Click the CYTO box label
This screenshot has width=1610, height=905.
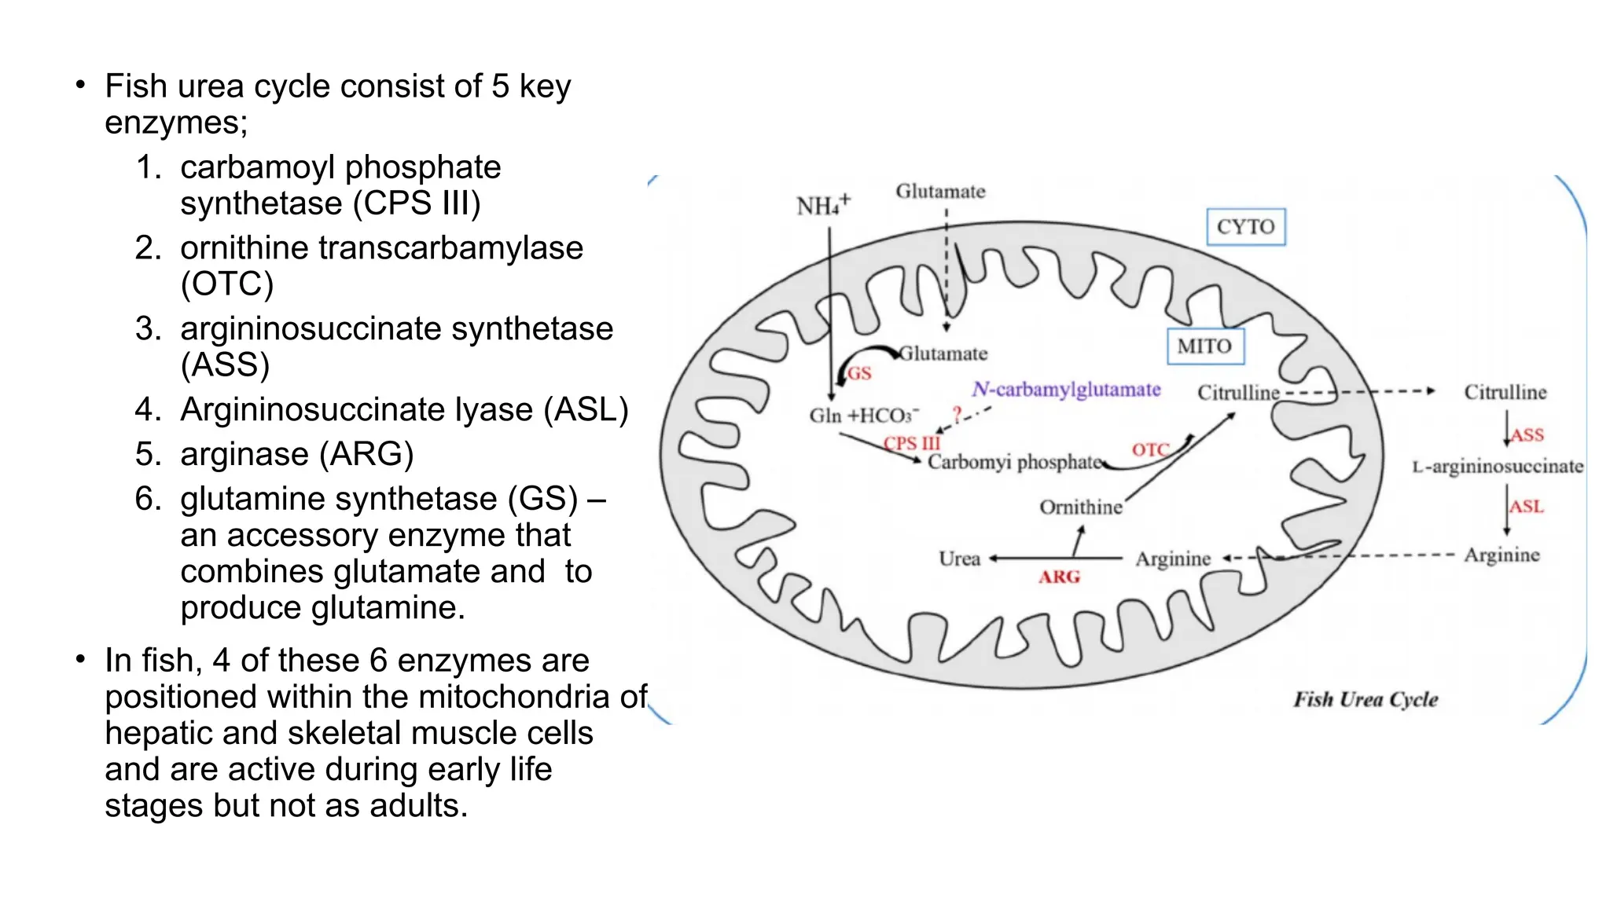pyautogui.click(x=1245, y=227)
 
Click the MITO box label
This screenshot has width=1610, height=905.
pyautogui.click(x=1204, y=346)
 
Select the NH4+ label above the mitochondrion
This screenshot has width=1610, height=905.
pyautogui.click(x=822, y=206)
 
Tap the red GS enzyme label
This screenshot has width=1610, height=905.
pyautogui.click(x=859, y=374)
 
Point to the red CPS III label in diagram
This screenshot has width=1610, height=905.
pyautogui.click(x=912, y=443)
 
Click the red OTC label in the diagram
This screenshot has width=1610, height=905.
pyautogui.click(x=1150, y=450)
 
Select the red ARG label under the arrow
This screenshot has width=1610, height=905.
pyautogui.click(x=1059, y=577)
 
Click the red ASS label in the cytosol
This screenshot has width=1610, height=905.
pyautogui.click(x=1527, y=435)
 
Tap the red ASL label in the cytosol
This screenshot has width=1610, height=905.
pyautogui.click(x=1527, y=507)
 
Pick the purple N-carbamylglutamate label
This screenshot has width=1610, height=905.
pyautogui.click(x=1066, y=390)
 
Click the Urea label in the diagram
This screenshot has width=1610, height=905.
pyautogui.click(x=959, y=559)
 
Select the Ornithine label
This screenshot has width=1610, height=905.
pyautogui.click(x=1081, y=507)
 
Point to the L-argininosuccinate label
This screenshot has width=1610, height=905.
pyautogui.click(x=1498, y=467)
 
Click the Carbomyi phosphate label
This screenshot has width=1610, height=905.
pyautogui.click(x=1015, y=462)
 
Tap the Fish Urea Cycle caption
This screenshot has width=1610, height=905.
pyautogui.click(x=1366, y=699)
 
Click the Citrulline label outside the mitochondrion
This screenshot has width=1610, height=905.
pyautogui.click(x=1505, y=392)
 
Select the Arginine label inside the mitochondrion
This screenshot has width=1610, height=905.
pyautogui.click(x=1173, y=559)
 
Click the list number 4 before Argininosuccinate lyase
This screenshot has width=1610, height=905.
pyautogui.click(x=147, y=409)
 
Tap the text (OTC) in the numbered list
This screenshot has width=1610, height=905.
pyautogui.click(x=227, y=284)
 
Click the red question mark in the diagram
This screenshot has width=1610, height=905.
pyautogui.click(x=957, y=412)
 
